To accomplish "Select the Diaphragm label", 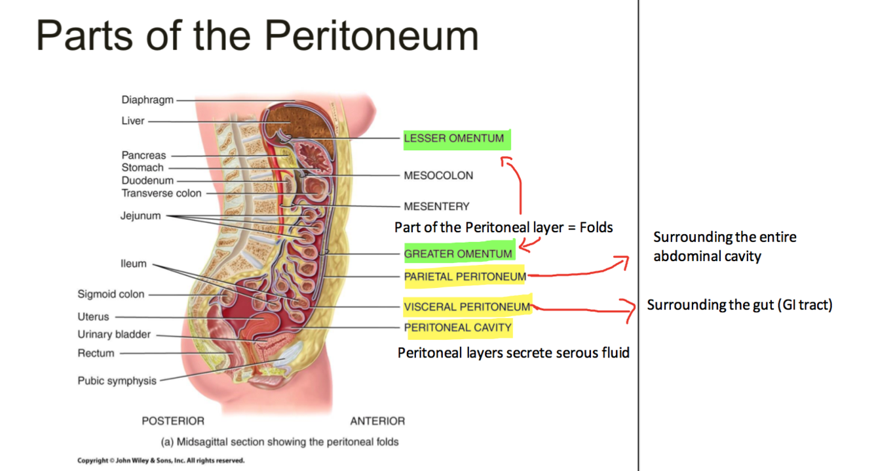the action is (x=147, y=100).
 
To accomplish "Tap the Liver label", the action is (x=133, y=121).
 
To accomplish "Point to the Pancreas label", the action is (x=143, y=155).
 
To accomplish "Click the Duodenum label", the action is (x=147, y=180).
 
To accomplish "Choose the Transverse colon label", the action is (x=161, y=193).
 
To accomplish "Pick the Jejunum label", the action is (x=140, y=216).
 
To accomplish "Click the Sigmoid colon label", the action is (x=111, y=294).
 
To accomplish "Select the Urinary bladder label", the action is (x=114, y=335).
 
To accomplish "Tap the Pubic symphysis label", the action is (x=117, y=380).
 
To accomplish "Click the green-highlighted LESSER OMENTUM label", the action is (x=454, y=138).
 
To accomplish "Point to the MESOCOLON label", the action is (x=438, y=176).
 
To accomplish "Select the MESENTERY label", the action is (x=436, y=207).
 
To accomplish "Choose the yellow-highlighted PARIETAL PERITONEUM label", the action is (x=465, y=277).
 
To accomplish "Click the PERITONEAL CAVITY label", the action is (x=457, y=327).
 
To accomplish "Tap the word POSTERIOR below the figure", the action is (x=173, y=421).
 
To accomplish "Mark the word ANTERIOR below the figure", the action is (x=377, y=421).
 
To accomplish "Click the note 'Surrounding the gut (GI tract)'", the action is (x=739, y=305).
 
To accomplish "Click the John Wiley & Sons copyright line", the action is (x=161, y=461).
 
